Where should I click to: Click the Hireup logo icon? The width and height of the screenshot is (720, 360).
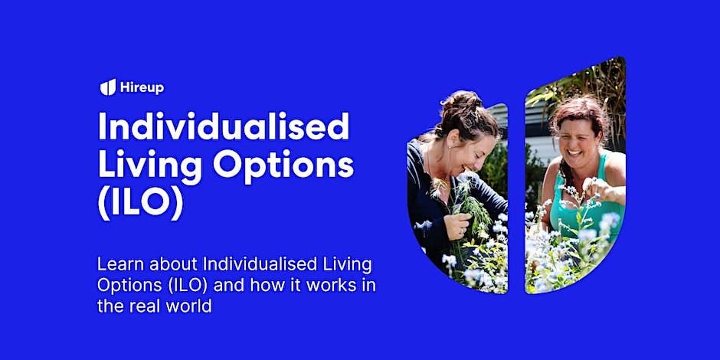pyautogui.click(x=107, y=87)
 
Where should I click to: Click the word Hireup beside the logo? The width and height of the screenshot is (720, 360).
pyautogui.click(x=142, y=87)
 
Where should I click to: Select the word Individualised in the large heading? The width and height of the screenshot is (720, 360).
pyautogui.click(x=223, y=127)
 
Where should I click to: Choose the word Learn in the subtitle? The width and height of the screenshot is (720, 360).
pyautogui.click(x=117, y=265)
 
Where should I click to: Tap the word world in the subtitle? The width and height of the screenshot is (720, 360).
pyautogui.click(x=191, y=305)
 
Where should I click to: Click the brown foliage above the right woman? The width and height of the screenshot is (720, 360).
pyautogui.click(x=605, y=84)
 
